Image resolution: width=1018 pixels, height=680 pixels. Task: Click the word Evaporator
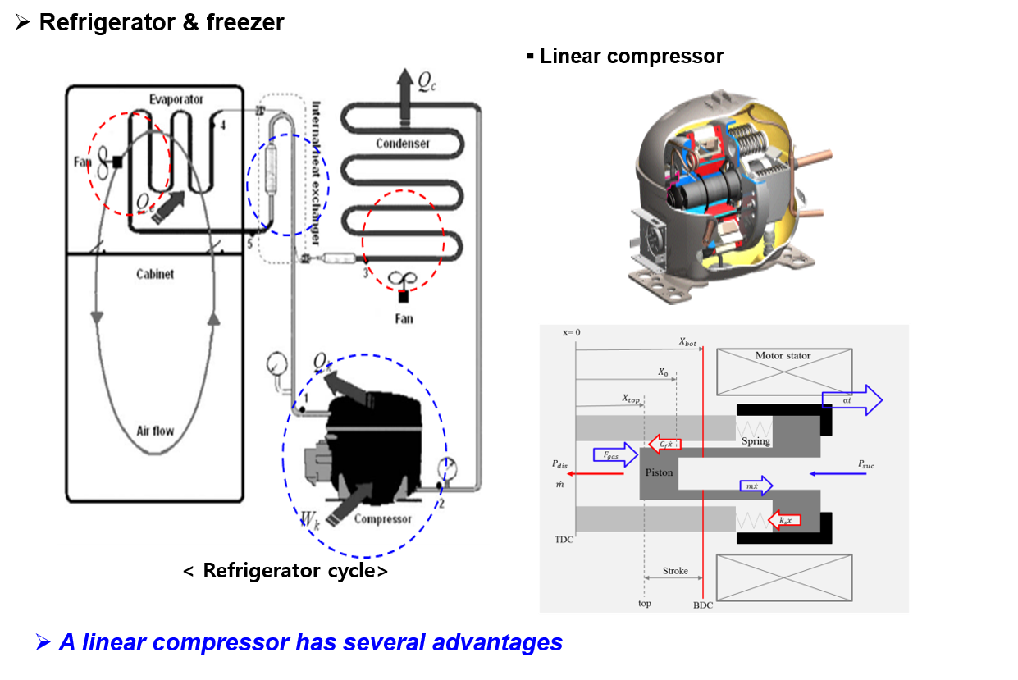click(176, 99)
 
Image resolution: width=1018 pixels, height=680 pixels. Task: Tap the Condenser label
click(403, 144)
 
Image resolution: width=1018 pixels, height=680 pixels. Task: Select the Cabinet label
click(155, 274)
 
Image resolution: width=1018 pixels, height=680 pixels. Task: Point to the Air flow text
click(155, 430)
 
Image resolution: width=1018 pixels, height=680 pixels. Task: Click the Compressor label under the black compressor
click(382, 518)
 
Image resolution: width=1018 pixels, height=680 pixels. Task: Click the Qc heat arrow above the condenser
click(404, 83)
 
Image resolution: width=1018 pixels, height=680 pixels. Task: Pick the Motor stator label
click(783, 356)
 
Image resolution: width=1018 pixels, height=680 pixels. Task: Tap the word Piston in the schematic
click(659, 472)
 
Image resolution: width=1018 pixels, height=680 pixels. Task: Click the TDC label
click(564, 540)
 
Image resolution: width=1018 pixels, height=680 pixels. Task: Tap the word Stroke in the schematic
click(675, 570)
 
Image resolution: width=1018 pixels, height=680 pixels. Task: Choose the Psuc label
click(866, 464)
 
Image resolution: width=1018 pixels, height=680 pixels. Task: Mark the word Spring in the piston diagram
click(756, 441)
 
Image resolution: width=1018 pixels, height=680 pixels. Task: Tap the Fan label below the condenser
click(404, 318)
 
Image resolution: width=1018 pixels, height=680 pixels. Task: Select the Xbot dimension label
click(687, 341)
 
